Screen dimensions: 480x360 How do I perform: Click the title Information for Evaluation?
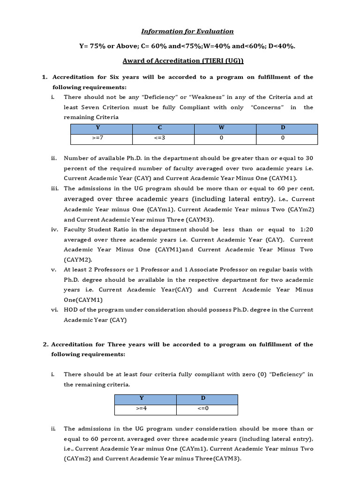point(187,31)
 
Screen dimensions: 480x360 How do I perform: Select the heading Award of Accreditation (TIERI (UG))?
point(183,61)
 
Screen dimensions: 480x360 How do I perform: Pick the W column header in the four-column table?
point(221,128)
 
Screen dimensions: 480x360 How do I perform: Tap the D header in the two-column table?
point(203,398)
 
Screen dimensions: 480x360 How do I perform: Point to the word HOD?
point(71,310)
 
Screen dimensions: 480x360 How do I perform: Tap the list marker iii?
point(55,188)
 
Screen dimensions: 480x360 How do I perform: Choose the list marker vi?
point(55,310)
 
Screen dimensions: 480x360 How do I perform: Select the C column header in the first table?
point(164,128)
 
